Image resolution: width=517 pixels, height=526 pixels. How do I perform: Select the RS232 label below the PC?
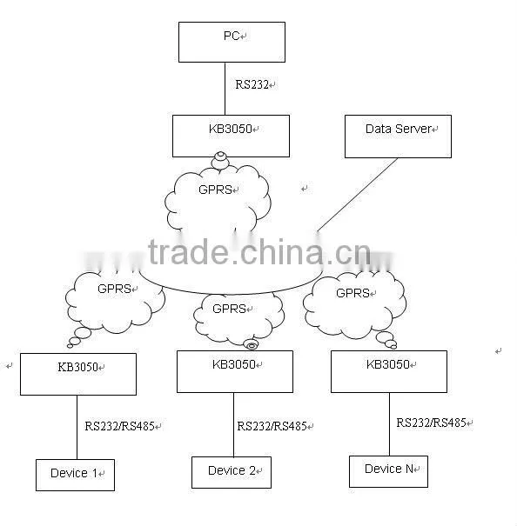point(252,84)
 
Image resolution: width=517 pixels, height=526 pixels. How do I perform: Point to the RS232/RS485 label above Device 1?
point(119,426)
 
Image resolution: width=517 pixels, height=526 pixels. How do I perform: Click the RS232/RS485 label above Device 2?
point(272,426)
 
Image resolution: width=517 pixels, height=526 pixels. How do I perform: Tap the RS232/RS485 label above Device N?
point(432,423)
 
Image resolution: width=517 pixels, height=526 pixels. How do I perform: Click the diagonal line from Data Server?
point(358,196)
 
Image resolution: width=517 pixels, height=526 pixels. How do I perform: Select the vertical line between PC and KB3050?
point(225,89)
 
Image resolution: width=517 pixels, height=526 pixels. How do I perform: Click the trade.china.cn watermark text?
point(259,252)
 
